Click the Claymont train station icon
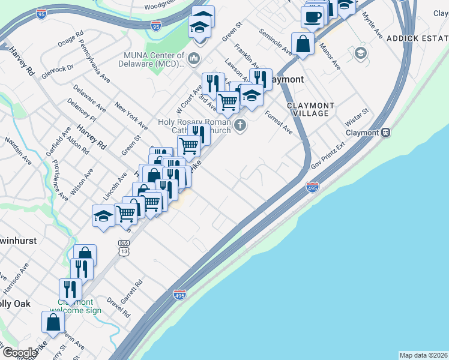click(x=387, y=132)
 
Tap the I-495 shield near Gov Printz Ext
click(x=313, y=187)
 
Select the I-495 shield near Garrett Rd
click(x=179, y=294)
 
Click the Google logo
click(x=19, y=353)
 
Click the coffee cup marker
click(x=312, y=17)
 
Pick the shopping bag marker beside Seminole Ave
click(x=304, y=44)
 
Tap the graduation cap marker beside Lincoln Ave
click(x=103, y=216)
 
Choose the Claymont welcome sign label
click(x=76, y=306)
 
